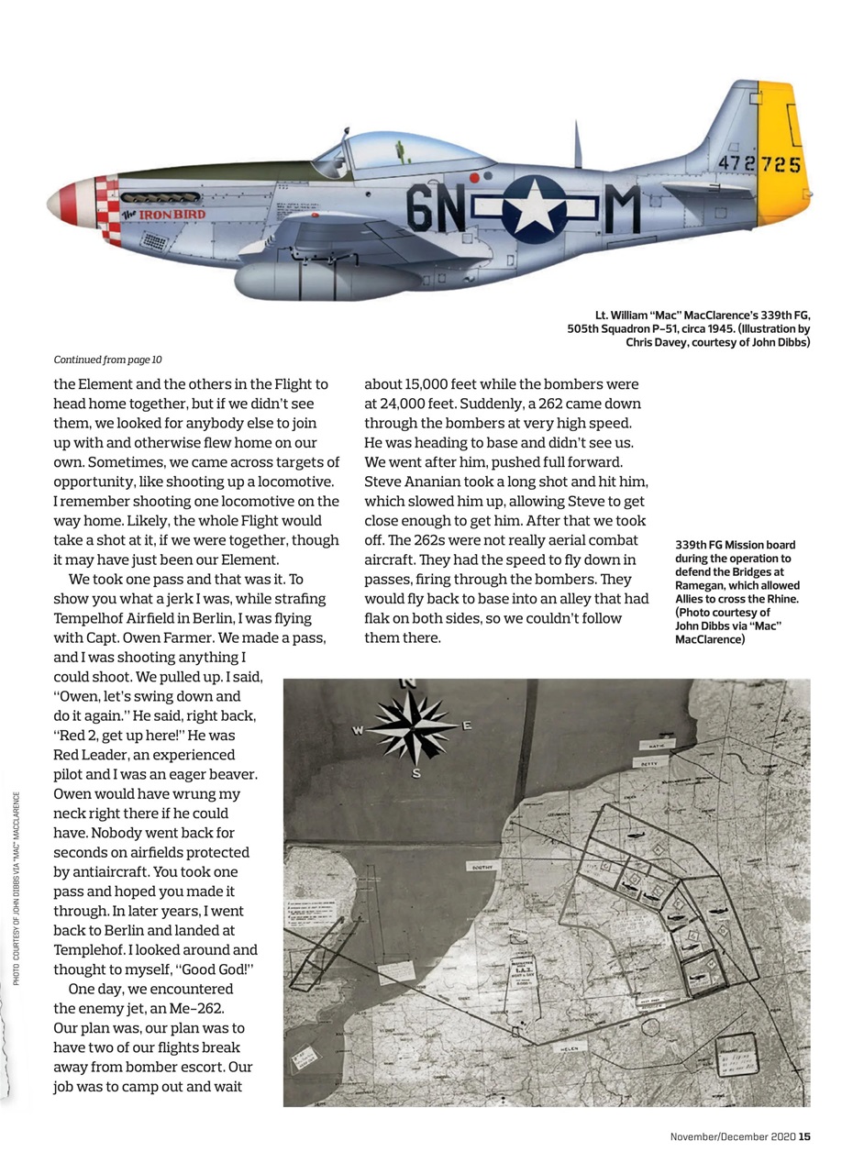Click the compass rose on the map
click(415, 728)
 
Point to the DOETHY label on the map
click(482, 865)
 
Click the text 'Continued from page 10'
click(108, 360)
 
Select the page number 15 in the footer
click(804, 1138)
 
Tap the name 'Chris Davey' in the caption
click(659, 342)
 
